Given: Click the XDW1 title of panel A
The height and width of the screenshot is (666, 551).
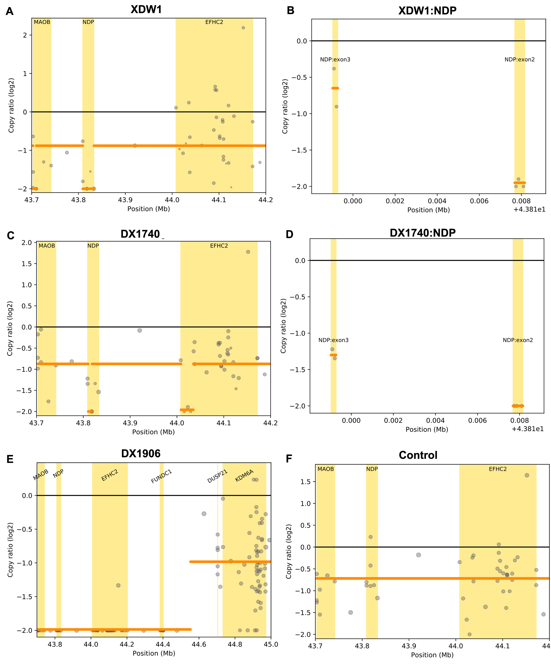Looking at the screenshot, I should point(146,9).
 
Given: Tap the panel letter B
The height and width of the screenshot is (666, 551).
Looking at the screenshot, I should point(290,11).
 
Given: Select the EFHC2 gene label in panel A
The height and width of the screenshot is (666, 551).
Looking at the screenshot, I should point(214,22).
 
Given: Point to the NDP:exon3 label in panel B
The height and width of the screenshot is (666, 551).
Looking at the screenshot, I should point(335,60).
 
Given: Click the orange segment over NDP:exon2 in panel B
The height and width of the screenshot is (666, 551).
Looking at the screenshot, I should point(519,183).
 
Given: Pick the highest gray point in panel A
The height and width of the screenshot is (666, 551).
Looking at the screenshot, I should point(243,28).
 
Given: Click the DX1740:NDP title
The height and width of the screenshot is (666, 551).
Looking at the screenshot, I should point(422,233).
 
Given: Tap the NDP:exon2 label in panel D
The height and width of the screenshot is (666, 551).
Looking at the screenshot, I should point(517,340).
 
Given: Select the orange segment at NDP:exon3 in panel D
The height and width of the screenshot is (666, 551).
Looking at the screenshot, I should point(333,355).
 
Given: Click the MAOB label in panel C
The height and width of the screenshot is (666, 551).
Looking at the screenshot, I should point(47,246).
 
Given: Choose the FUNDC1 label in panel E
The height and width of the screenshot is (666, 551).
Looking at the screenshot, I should point(161,477).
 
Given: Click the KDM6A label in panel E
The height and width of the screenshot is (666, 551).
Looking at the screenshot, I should point(244,476).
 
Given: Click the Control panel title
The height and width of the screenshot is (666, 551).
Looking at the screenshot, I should point(418,455).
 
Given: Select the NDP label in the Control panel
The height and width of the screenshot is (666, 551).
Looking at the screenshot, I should point(372,469).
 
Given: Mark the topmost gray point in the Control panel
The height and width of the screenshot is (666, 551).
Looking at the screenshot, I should point(527,475).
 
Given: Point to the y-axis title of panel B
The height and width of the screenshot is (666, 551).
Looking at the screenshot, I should point(285,106).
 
